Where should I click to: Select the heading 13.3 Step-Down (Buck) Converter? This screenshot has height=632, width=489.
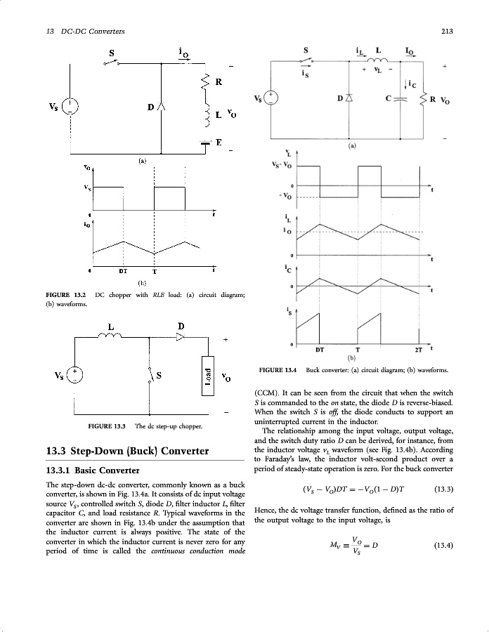point(126,450)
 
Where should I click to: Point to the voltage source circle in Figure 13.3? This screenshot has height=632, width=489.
point(73,375)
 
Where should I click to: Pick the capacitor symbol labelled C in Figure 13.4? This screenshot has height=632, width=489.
point(400,98)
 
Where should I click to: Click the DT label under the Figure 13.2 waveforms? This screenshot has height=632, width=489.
point(123,270)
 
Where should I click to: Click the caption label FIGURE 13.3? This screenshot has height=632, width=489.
point(107,426)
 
